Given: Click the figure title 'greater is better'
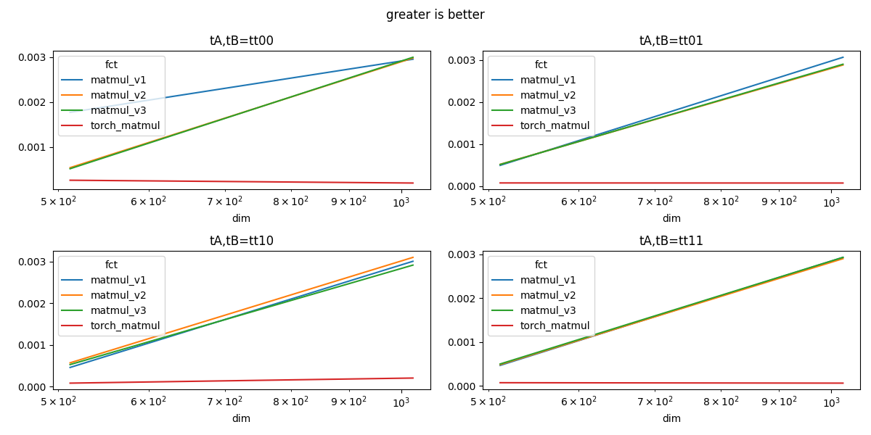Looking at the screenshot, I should pos(435,14).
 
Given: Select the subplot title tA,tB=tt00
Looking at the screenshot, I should pos(242,41).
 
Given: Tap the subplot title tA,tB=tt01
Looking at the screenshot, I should pos(671,41).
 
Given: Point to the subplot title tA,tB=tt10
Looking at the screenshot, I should pos(242,241).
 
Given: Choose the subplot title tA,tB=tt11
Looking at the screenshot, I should pos(671,241).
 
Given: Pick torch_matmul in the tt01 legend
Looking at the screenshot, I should pos(555,125).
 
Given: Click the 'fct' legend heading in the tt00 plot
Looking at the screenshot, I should pos(111,65).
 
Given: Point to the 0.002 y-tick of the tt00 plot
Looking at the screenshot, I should pos(33,102).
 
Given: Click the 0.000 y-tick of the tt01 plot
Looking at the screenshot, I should pos(463,186).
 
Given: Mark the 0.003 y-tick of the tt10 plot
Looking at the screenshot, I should pos(33,262).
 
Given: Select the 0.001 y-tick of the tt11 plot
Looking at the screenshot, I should pos(463,342).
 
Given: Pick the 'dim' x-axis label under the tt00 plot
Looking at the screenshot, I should pos(241,218).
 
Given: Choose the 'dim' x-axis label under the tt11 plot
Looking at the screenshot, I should pos(671,418).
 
